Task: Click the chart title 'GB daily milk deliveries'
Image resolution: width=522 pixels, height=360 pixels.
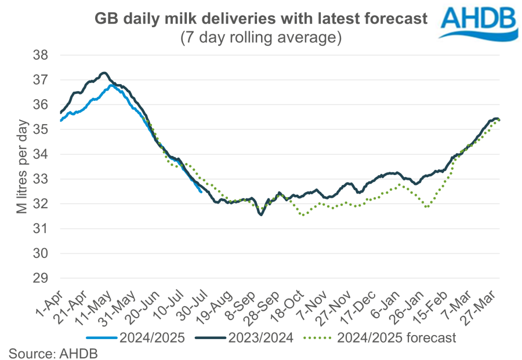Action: point(260,19)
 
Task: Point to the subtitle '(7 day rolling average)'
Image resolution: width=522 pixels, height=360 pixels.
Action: point(260,38)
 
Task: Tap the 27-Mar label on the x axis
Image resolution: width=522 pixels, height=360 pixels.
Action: point(486,302)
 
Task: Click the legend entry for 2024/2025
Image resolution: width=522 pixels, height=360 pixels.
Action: point(136,337)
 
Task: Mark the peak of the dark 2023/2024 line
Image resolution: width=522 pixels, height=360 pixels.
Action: point(103,72)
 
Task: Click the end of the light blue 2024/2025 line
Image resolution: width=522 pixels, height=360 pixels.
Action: point(201,192)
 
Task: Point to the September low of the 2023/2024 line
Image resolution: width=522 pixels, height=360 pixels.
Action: point(261,215)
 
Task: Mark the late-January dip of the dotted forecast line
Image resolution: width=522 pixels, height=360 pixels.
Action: point(427,206)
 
